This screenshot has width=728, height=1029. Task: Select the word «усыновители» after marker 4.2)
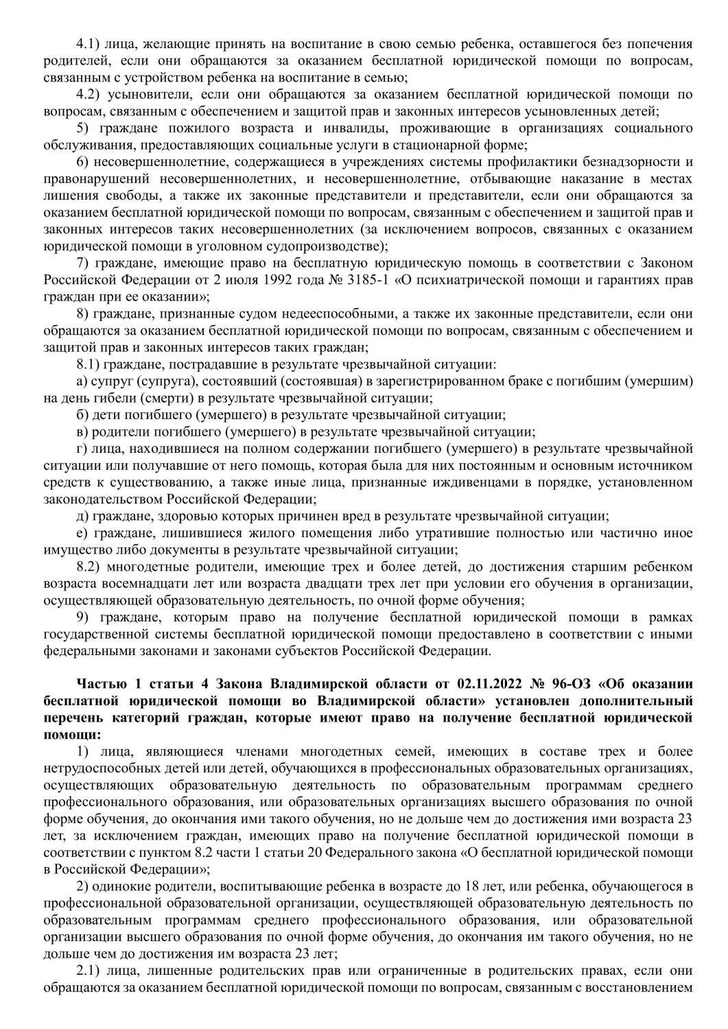tap(143, 94)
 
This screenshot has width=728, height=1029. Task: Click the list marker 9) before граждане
tap(82, 617)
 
